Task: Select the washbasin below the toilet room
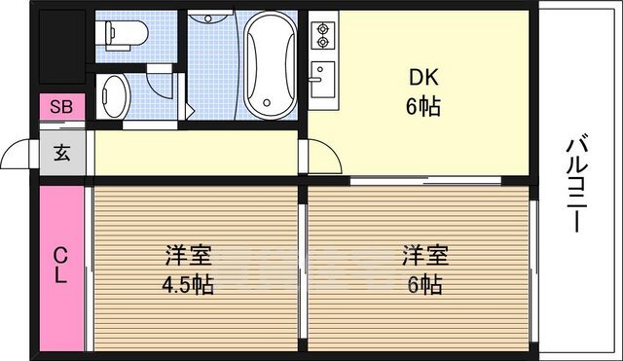114,97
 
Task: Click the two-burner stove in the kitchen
321,37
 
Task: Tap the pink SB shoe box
60,106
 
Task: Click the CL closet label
61,265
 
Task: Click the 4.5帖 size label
189,285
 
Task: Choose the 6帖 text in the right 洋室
424,285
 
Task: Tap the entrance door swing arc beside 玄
21,156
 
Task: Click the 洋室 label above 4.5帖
189,258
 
